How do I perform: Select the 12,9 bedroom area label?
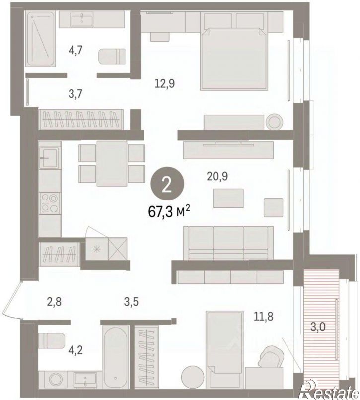165,83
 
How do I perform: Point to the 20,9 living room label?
217,176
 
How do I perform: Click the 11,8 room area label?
263,317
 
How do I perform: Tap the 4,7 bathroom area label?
75,50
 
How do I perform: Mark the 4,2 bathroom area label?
76,351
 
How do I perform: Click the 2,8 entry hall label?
55,302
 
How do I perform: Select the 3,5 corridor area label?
131,302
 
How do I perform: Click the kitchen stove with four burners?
50,203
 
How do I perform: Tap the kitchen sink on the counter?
49,158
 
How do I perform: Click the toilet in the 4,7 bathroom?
112,56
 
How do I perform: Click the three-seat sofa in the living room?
228,243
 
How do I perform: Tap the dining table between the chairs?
112,163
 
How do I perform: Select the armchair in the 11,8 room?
271,356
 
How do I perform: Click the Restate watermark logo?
329,392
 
